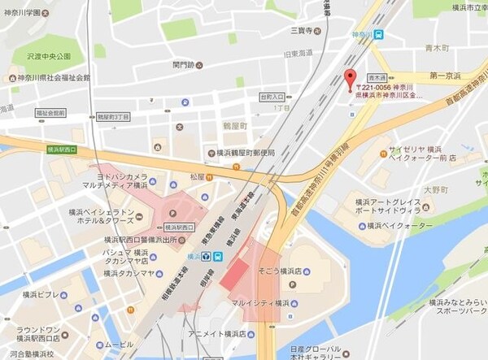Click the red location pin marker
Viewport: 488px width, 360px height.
[352, 80]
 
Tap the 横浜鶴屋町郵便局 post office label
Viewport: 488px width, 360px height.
[241, 153]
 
